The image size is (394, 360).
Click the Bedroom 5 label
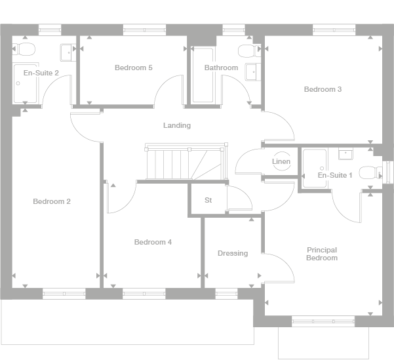coord(133,68)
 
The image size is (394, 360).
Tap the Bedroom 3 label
coord(323,89)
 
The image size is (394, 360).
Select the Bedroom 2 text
coord(52,201)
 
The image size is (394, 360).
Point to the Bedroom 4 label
coord(153,242)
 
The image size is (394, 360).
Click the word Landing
coord(177,125)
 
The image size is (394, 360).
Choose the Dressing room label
coord(233,253)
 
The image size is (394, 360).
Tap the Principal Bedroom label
coord(322,254)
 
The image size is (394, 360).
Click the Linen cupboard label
coord(281,162)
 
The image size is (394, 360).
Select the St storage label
coord(208,200)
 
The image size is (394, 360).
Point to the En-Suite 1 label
coord(335,175)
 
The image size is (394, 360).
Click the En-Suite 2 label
coord(41,73)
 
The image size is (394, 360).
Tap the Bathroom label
coord(221,68)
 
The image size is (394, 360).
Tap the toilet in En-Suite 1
coord(368,172)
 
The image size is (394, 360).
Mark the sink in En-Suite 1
coord(345,155)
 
